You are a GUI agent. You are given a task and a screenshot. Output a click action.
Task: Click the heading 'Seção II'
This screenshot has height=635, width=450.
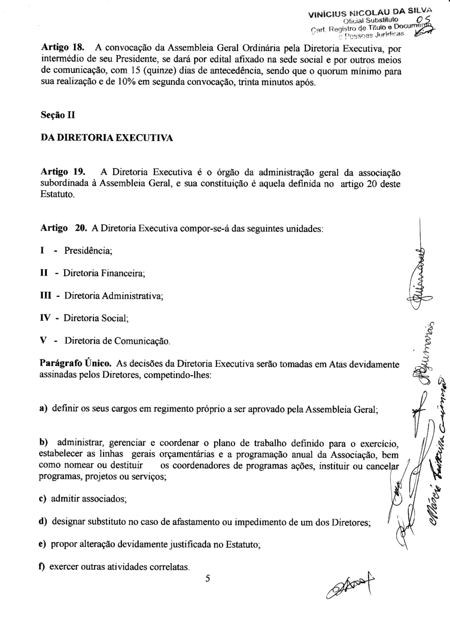point(57,115)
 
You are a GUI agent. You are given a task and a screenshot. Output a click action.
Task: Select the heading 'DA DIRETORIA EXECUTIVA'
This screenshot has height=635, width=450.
point(107,138)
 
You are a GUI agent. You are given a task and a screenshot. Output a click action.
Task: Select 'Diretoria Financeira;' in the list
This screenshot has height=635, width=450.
point(104,273)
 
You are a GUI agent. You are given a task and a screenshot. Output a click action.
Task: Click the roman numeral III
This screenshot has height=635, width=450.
point(46,296)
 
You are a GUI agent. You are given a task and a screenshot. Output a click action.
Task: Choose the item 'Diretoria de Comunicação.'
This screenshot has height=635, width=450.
point(118,341)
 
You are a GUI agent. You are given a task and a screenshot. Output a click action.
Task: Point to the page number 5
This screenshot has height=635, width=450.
point(208,578)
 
